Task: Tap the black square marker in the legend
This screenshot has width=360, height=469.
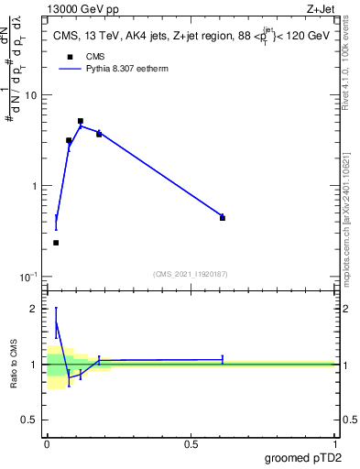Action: pyautogui.click(x=70, y=57)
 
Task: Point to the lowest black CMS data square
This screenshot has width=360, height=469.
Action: pyautogui.click(x=56, y=243)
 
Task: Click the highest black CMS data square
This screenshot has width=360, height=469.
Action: pyautogui.click(x=81, y=121)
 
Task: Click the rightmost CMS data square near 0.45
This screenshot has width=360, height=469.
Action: pyautogui.click(x=223, y=218)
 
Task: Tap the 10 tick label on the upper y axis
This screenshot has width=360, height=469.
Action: pyautogui.click(x=34, y=95)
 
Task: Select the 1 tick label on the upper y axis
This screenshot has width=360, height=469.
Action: pyautogui.click(x=37, y=186)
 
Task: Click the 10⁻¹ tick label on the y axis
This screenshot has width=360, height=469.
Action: pyautogui.click(x=31, y=276)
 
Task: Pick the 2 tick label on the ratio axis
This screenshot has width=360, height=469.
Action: pyautogui.click(x=37, y=309)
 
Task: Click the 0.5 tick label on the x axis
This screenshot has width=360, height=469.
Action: pyautogui.click(x=191, y=444)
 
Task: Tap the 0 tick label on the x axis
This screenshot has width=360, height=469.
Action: pyautogui.click(x=47, y=444)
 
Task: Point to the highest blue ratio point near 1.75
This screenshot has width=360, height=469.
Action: pyautogui.click(x=56, y=322)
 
